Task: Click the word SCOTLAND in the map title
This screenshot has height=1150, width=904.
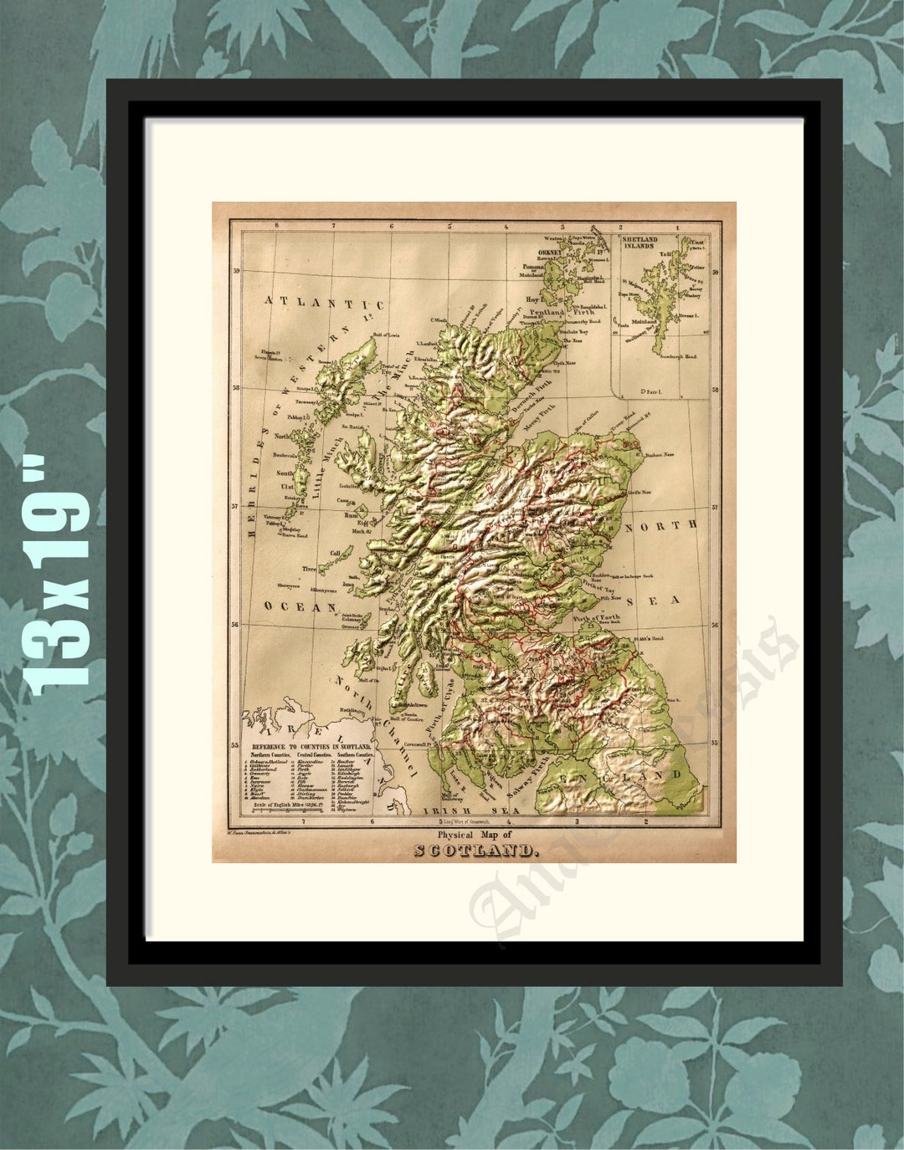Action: point(475,851)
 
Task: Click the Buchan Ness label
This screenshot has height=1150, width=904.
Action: point(657,455)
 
